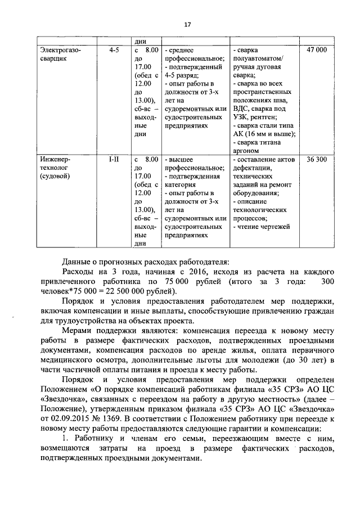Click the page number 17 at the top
pyautogui.click(x=188, y=24)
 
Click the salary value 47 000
pyautogui.click(x=317, y=50)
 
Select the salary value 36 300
pyautogui.click(x=317, y=160)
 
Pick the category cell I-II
pyautogui.click(x=114, y=160)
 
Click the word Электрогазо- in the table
pyautogui.click(x=60, y=50)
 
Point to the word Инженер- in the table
pyautogui.click(x=55, y=160)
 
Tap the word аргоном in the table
pyautogui.click(x=246, y=151)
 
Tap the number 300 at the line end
pyautogui.click(x=328, y=281)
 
